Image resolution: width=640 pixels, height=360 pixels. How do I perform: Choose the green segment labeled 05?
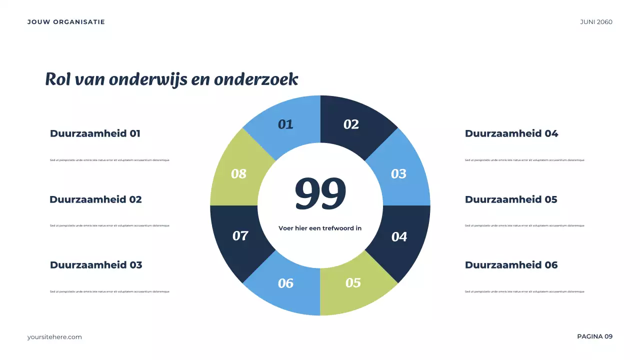(x=353, y=283)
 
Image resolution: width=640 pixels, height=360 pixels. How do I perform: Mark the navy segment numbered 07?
(x=240, y=235)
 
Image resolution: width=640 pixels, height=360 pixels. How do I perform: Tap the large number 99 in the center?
(x=320, y=193)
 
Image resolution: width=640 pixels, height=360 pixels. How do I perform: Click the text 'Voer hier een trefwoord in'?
(x=320, y=228)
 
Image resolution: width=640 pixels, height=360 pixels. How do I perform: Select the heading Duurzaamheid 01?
(x=95, y=133)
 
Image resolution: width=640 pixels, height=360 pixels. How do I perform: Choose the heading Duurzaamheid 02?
(x=95, y=199)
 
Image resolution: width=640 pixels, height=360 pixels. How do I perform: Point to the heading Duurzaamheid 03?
(x=96, y=265)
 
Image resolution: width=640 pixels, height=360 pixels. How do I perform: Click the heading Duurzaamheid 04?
(x=511, y=133)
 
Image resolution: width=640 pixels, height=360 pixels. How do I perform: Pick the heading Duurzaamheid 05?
(x=511, y=199)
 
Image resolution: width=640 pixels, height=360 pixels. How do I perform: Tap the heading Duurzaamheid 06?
(x=511, y=265)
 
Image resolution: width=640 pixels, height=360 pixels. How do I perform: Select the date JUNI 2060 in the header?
(x=596, y=22)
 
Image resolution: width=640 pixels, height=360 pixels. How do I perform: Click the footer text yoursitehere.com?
(x=54, y=337)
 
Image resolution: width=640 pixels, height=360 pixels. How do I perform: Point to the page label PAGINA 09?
(x=594, y=336)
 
